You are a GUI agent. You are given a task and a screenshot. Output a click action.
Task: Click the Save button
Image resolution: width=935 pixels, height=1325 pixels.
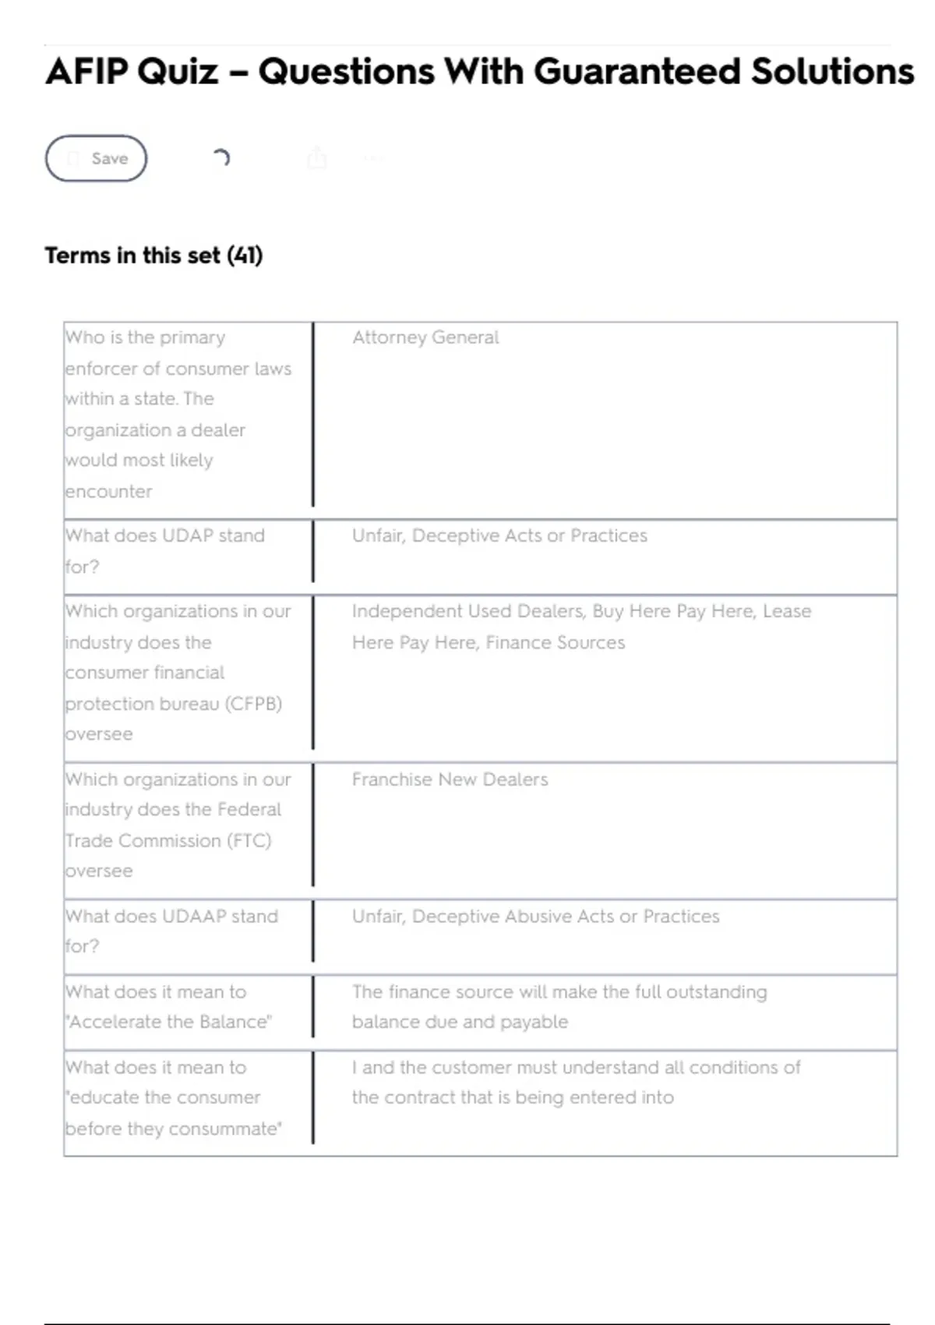point(96,158)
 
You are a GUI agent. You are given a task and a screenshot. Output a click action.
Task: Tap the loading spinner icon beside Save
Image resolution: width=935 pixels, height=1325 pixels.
point(221,158)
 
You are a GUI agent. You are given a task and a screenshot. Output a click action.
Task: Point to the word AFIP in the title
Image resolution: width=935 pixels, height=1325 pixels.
point(86,72)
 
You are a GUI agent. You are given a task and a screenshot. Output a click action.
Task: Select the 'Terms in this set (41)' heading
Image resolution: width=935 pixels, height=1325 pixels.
point(153,256)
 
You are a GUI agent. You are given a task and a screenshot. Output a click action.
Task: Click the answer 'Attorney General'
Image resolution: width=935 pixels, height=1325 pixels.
point(425,337)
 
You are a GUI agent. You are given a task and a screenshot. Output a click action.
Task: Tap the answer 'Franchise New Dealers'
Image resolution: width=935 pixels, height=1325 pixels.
point(450,779)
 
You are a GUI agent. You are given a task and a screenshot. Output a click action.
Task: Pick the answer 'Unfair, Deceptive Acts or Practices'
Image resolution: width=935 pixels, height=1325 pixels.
point(499,535)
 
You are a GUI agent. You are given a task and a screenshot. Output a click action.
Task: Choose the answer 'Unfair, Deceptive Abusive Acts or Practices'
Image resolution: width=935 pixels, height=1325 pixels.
point(535,916)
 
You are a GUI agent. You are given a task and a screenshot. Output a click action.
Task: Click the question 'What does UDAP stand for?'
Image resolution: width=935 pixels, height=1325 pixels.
point(164,550)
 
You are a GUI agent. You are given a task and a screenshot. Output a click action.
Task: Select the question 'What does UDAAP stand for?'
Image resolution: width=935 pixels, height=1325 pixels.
point(171,931)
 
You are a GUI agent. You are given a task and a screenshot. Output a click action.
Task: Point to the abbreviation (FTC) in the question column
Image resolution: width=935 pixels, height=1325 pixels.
point(249,840)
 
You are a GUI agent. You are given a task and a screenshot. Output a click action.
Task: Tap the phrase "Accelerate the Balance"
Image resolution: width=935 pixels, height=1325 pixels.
point(169,1022)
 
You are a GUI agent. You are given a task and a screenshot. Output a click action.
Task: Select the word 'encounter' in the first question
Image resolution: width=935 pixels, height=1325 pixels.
point(108,491)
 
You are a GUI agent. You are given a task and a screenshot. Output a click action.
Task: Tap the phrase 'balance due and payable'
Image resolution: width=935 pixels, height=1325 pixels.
point(460,1022)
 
